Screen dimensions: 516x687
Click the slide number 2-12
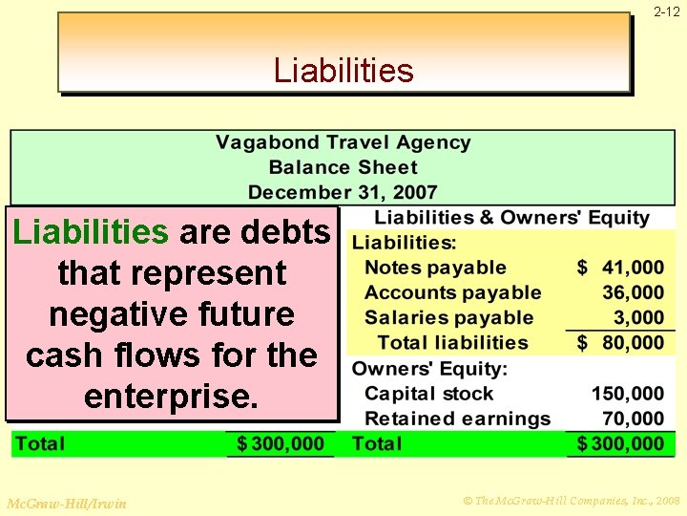667,12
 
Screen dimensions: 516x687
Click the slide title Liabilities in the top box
343,71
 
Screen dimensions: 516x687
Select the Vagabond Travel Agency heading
343,143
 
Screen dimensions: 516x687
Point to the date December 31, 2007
343,192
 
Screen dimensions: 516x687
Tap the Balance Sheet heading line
343,167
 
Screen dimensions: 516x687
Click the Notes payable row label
435,269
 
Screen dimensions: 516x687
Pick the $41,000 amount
621,269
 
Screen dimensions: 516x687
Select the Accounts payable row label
452,293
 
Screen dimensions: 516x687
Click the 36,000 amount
633,293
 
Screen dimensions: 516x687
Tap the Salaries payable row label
448,318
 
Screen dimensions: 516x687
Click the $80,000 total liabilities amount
621,343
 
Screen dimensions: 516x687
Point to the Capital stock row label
429,394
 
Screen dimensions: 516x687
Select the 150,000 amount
628,394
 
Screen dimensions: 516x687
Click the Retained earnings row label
457,419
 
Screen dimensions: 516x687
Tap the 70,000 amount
633,419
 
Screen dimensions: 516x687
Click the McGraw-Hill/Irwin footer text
66,503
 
